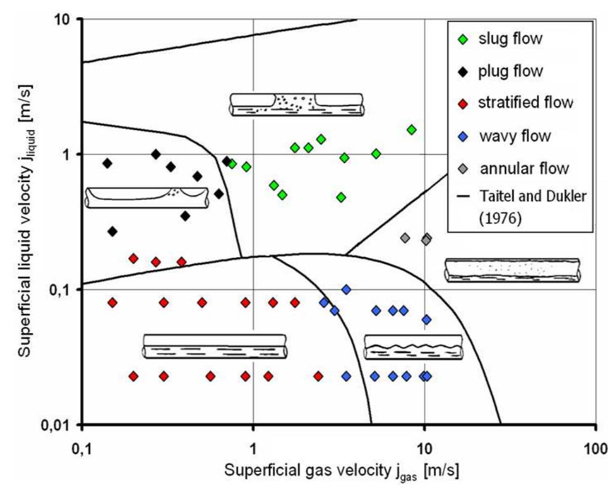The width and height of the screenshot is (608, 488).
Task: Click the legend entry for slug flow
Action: pos(510,39)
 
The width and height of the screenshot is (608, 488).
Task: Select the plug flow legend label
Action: pos(510,71)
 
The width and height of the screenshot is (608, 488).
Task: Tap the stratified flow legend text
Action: pos(525,102)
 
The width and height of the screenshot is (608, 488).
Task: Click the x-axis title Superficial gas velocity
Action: pos(342,470)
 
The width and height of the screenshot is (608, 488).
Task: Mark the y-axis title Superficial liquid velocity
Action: pos(25,221)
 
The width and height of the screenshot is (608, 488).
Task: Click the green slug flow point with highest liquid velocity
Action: pos(412,130)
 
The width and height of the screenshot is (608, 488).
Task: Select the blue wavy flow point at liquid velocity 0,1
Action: pos(346,289)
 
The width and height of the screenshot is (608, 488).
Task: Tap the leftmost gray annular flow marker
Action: pos(405,238)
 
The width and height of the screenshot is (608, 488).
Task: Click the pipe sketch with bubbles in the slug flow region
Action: pos(297,104)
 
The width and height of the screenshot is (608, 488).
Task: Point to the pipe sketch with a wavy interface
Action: pos(413,347)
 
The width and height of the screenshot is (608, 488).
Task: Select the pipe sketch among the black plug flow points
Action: pos(146,197)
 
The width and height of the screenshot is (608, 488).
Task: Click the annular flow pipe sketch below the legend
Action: pos(512,270)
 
